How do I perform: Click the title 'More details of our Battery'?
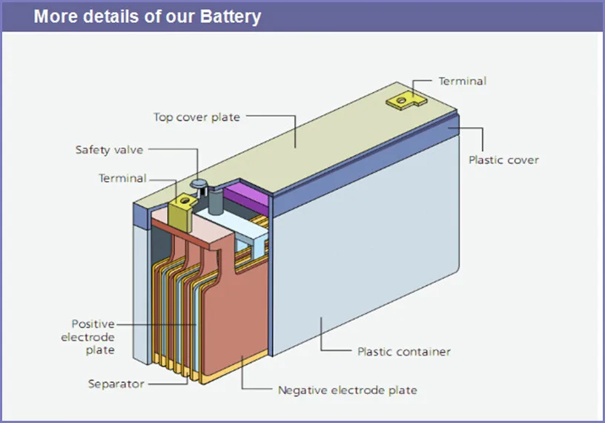[148, 16]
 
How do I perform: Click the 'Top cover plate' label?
[196, 117]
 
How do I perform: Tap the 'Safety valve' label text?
[109, 150]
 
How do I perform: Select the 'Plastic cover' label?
[503, 160]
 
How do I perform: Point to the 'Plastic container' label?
[404, 351]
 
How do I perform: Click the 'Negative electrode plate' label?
[347, 390]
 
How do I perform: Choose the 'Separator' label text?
[116, 384]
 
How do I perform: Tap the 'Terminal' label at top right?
[462, 81]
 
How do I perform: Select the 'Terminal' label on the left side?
[122, 178]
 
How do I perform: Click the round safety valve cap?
[199, 183]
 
